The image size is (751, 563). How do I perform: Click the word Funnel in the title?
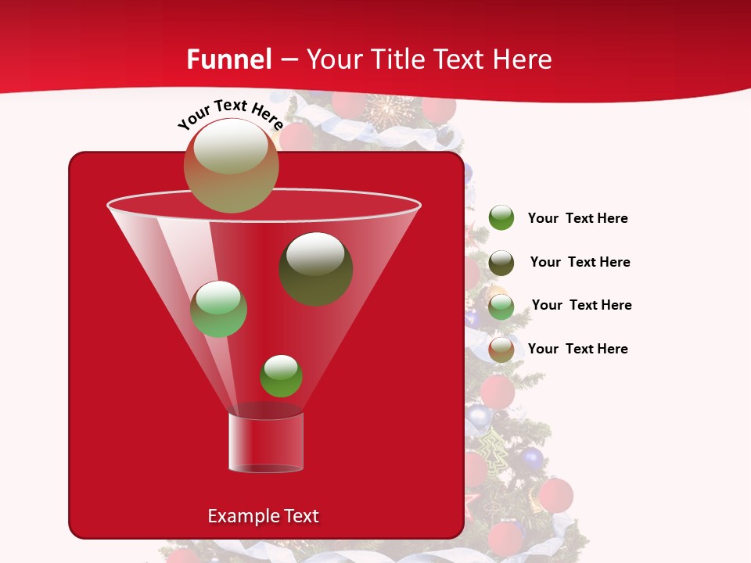(x=228, y=59)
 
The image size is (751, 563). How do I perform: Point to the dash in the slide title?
(x=288, y=60)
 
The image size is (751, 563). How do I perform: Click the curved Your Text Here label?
(x=230, y=113)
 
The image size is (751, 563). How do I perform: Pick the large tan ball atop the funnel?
(x=232, y=166)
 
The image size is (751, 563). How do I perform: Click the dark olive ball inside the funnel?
(x=316, y=269)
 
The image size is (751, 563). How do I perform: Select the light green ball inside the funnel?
(x=219, y=309)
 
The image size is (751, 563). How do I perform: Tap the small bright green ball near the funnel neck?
(x=281, y=376)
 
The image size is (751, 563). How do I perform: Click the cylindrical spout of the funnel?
(x=266, y=443)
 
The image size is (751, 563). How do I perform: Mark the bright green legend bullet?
(x=501, y=218)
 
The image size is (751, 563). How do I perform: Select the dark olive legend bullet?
(x=501, y=263)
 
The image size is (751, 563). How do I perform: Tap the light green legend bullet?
(x=501, y=307)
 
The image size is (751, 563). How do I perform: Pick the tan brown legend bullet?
(x=501, y=350)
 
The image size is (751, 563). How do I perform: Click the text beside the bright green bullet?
(x=577, y=219)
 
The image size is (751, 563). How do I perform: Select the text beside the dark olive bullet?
(x=580, y=263)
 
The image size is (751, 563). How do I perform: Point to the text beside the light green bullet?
(x=581, y=306)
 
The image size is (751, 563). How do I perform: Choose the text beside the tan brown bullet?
(x=577, y=350)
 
